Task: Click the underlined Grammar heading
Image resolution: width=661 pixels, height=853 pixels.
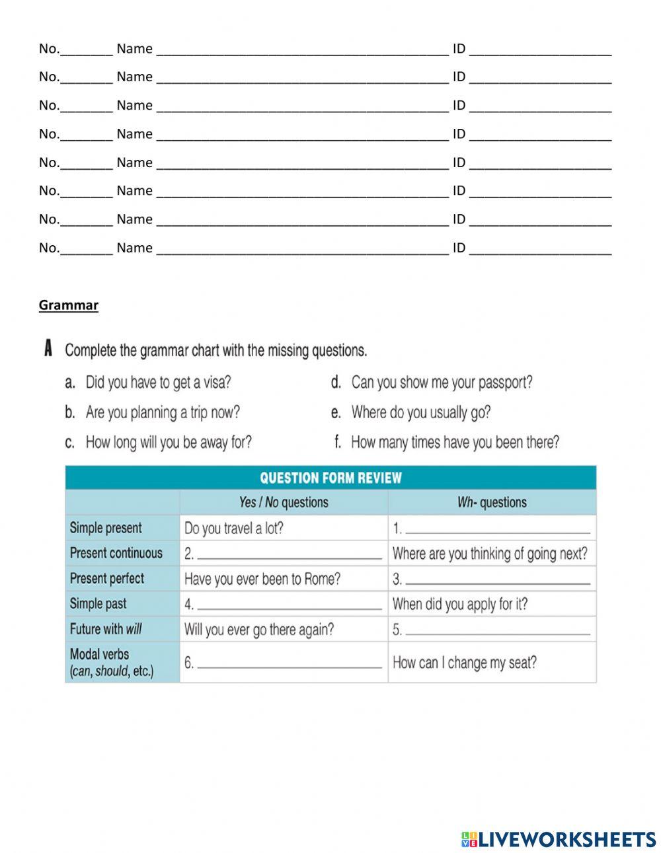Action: click(68, 305)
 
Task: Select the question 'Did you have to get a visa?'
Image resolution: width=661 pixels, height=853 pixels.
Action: click(158, 383)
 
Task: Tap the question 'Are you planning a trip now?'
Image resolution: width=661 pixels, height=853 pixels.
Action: click(163, 413)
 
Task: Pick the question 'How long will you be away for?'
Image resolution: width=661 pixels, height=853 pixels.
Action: click(169, 443)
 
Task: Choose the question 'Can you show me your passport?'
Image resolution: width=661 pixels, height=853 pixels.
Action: click(442, 383)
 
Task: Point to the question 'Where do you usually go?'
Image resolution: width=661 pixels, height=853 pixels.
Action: click(420, 413)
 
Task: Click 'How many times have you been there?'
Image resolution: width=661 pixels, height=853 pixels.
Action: click(455, 443)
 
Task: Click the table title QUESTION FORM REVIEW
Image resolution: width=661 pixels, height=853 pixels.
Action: click(330, 478)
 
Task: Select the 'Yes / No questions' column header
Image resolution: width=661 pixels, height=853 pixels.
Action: click(284, 503)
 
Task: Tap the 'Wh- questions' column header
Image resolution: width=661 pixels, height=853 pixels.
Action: click(492, 503)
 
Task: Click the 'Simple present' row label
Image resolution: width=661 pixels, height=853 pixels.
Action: click(106, 528)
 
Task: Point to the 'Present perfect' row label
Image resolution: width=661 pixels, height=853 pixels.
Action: click(107, 579)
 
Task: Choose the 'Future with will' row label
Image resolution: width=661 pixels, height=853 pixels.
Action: click(106, 629)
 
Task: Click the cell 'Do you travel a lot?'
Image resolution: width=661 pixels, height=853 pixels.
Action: click(234, 529)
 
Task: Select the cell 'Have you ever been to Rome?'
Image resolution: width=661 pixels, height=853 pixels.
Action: click(262, 579)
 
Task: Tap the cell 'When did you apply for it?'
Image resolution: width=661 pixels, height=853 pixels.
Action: click(460, 604)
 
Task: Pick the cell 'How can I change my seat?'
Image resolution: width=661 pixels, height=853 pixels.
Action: click(464, 663)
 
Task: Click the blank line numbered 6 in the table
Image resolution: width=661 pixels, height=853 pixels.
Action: click(290, 664)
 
